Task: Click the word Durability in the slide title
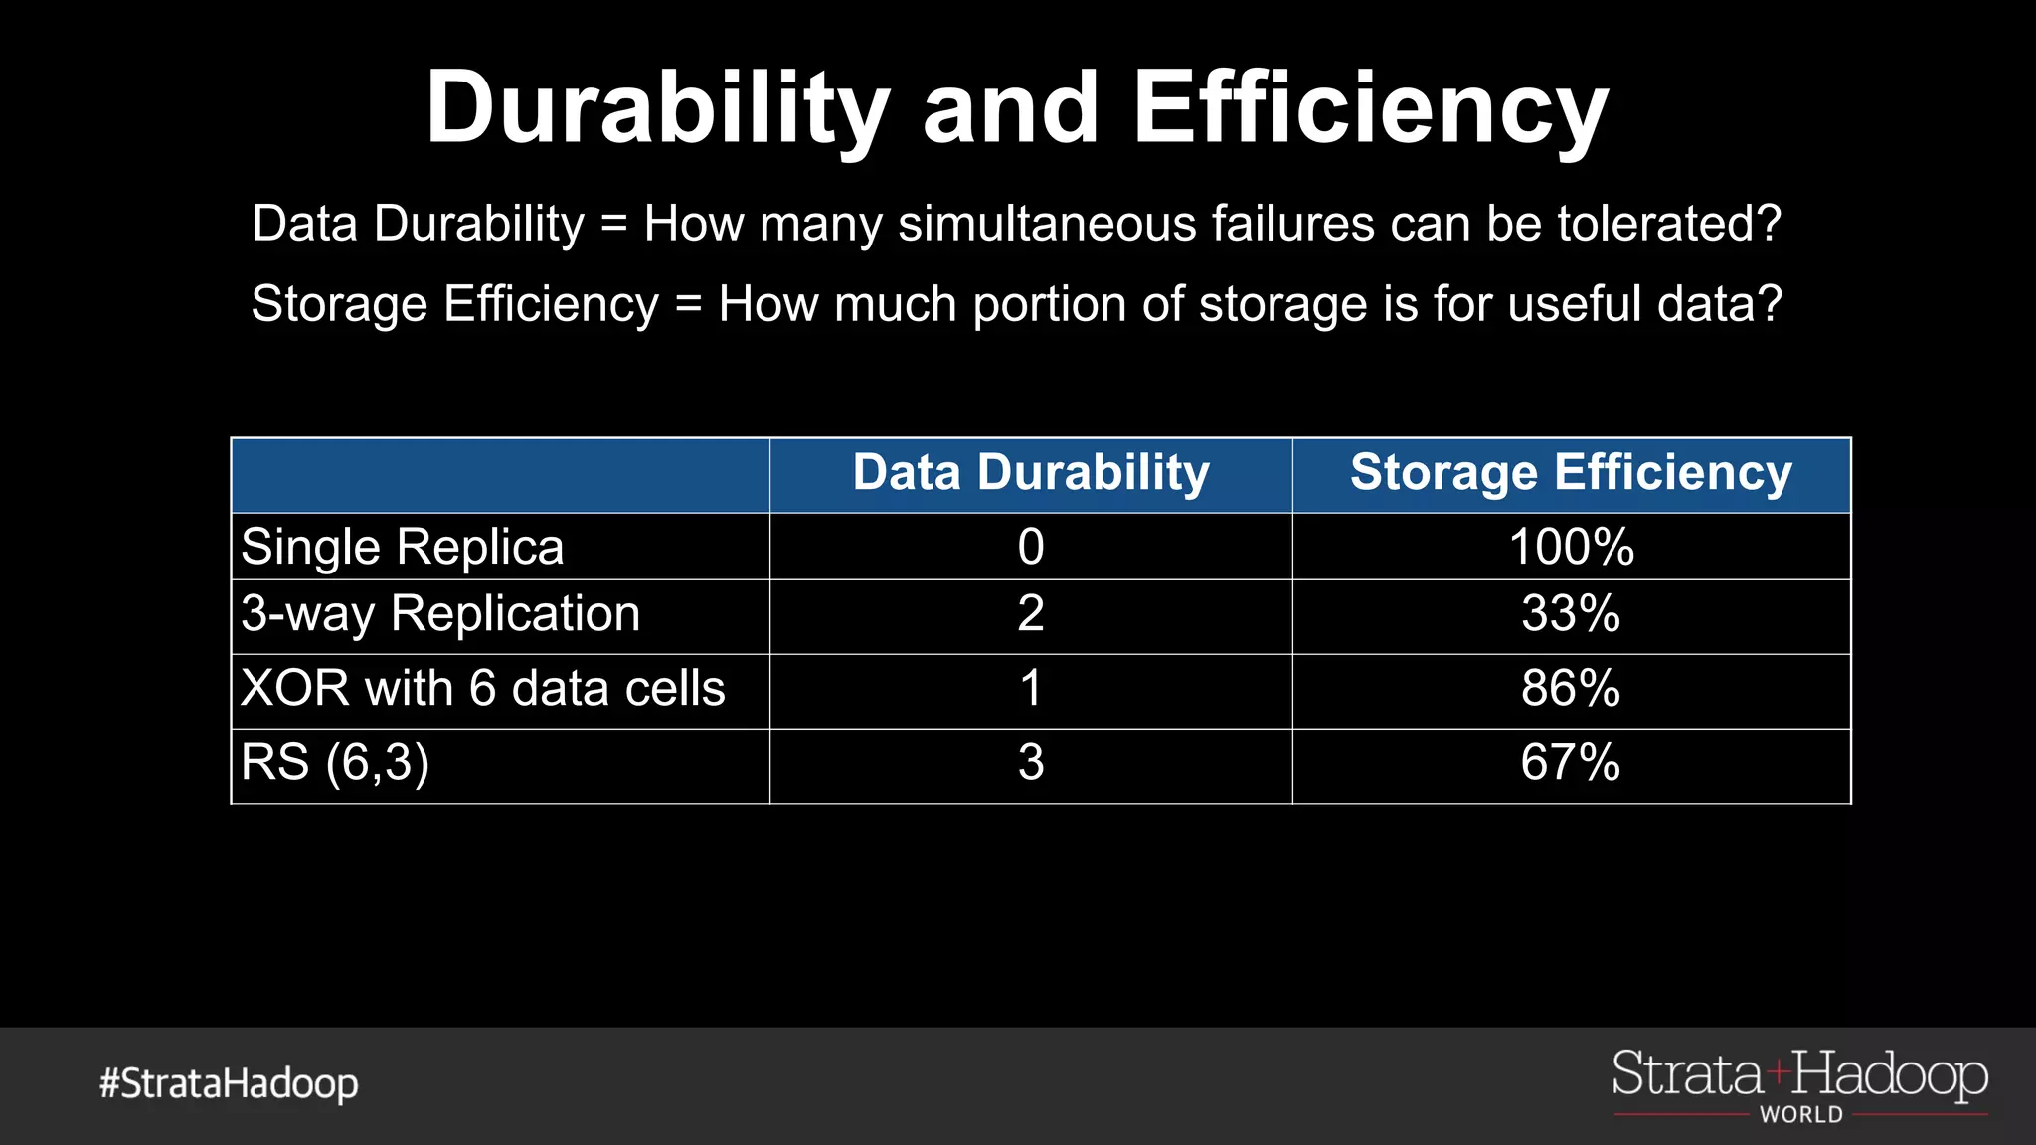pyautogui.click(x=657, y=107)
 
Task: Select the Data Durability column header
pyautogui.click(x=1031, y=473)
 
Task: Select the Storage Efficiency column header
pyautogui.click(x=1571, y=473)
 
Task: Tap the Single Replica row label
pyautogui.click(x=403, y=547)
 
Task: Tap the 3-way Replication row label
pyautogui.click(x=440, y=614)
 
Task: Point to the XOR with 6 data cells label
pyautogui.click(x=483, y=688)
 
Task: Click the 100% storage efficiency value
pyautogui.click(x=1571, y=547)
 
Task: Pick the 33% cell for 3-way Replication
pyautogui.click(x=1571, y=614)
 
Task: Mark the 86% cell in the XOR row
pyautogui.click(x=1571, y=688)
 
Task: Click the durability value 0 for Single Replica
pyautogui.click(x=1031, y=547)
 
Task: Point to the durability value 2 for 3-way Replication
pyautogui.click(x=1031, y=614)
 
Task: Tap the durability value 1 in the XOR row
pyautogui.click(x=1031, y=688)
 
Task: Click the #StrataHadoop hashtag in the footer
pyautogui.click(x=229, y=1083)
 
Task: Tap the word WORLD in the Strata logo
pyautogui.click(x=1801, y=1115)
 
